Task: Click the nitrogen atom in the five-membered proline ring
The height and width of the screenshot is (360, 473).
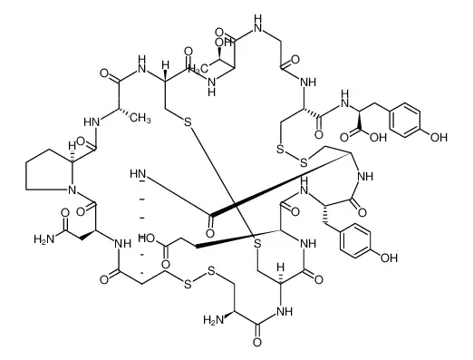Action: (x=72, y=190)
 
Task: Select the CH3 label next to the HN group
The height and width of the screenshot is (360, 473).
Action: (x=140, y=118)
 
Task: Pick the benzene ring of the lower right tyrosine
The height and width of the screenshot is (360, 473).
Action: (x=355, y=241)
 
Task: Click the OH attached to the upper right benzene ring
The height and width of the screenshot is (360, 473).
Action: (x=439, y=138)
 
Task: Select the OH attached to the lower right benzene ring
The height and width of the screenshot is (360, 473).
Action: (x=389, y=258)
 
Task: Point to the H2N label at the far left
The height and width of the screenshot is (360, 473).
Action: (x=43, y=239)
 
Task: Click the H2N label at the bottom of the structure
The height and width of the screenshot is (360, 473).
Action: (x=214, y=319)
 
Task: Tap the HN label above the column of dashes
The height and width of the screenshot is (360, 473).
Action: (x=138, y=174)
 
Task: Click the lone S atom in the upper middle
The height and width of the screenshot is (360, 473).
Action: (x=188, y=122)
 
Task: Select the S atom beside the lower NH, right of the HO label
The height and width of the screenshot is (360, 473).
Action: (x=257, y=243)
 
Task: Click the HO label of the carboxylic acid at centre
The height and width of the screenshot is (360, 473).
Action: (x=148, y=238)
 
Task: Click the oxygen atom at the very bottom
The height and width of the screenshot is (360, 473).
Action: (x=257, y=343)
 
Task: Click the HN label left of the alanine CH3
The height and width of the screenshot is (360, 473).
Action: (x=92, y=122)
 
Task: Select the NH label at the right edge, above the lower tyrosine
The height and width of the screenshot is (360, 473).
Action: (x=365, y=176)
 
